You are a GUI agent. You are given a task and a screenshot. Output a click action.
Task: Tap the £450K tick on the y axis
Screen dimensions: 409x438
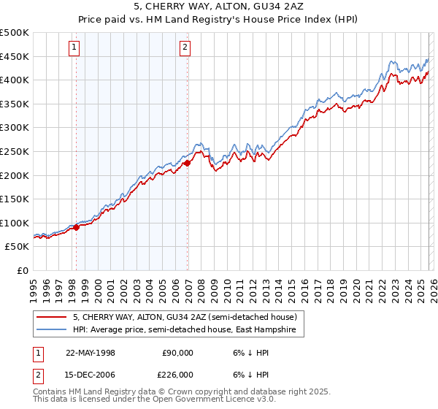pos(15,57)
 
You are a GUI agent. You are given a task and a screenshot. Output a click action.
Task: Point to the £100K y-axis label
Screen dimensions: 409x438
pos(15,223)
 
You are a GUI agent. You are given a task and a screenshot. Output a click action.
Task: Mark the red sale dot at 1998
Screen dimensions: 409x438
pos(76,228)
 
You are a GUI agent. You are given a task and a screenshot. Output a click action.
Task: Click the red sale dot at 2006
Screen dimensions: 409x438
pos(187,163)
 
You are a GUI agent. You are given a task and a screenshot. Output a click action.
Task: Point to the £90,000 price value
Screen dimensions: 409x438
pos(177,352)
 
